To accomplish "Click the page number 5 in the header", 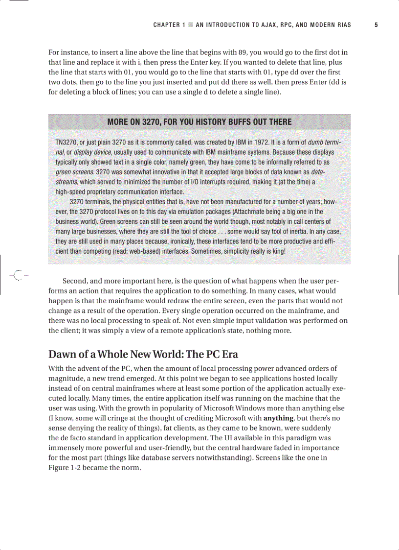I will [x=376, y=24].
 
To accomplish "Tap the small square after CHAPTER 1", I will [x=191, y=24].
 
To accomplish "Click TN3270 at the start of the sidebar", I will [x=66, y=143].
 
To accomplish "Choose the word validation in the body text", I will [x=268, y=321].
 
